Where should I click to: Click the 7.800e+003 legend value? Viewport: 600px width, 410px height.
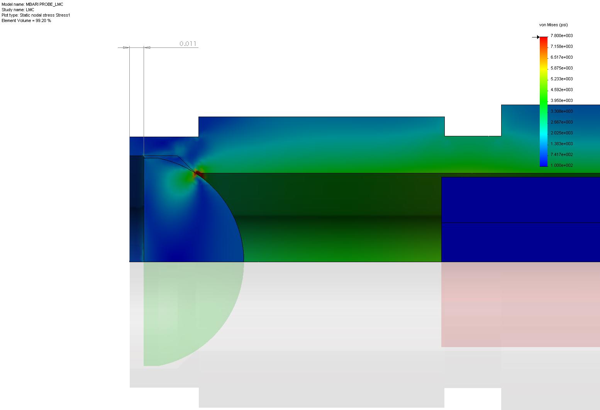[561, 36]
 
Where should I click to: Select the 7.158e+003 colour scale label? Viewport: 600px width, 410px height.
[561, 46]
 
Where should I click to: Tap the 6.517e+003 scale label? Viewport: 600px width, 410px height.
[561, 57]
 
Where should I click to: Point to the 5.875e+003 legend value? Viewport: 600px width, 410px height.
[561, 68]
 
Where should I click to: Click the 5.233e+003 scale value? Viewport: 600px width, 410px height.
[561, 79]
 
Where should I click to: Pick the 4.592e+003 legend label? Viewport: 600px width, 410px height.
[561, 90]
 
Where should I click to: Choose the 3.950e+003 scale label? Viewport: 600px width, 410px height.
[561, 100]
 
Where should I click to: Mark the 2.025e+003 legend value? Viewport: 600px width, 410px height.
[561, 133]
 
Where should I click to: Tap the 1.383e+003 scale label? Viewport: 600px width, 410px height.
[561, 144]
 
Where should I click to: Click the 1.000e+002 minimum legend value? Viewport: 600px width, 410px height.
[561, 165]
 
